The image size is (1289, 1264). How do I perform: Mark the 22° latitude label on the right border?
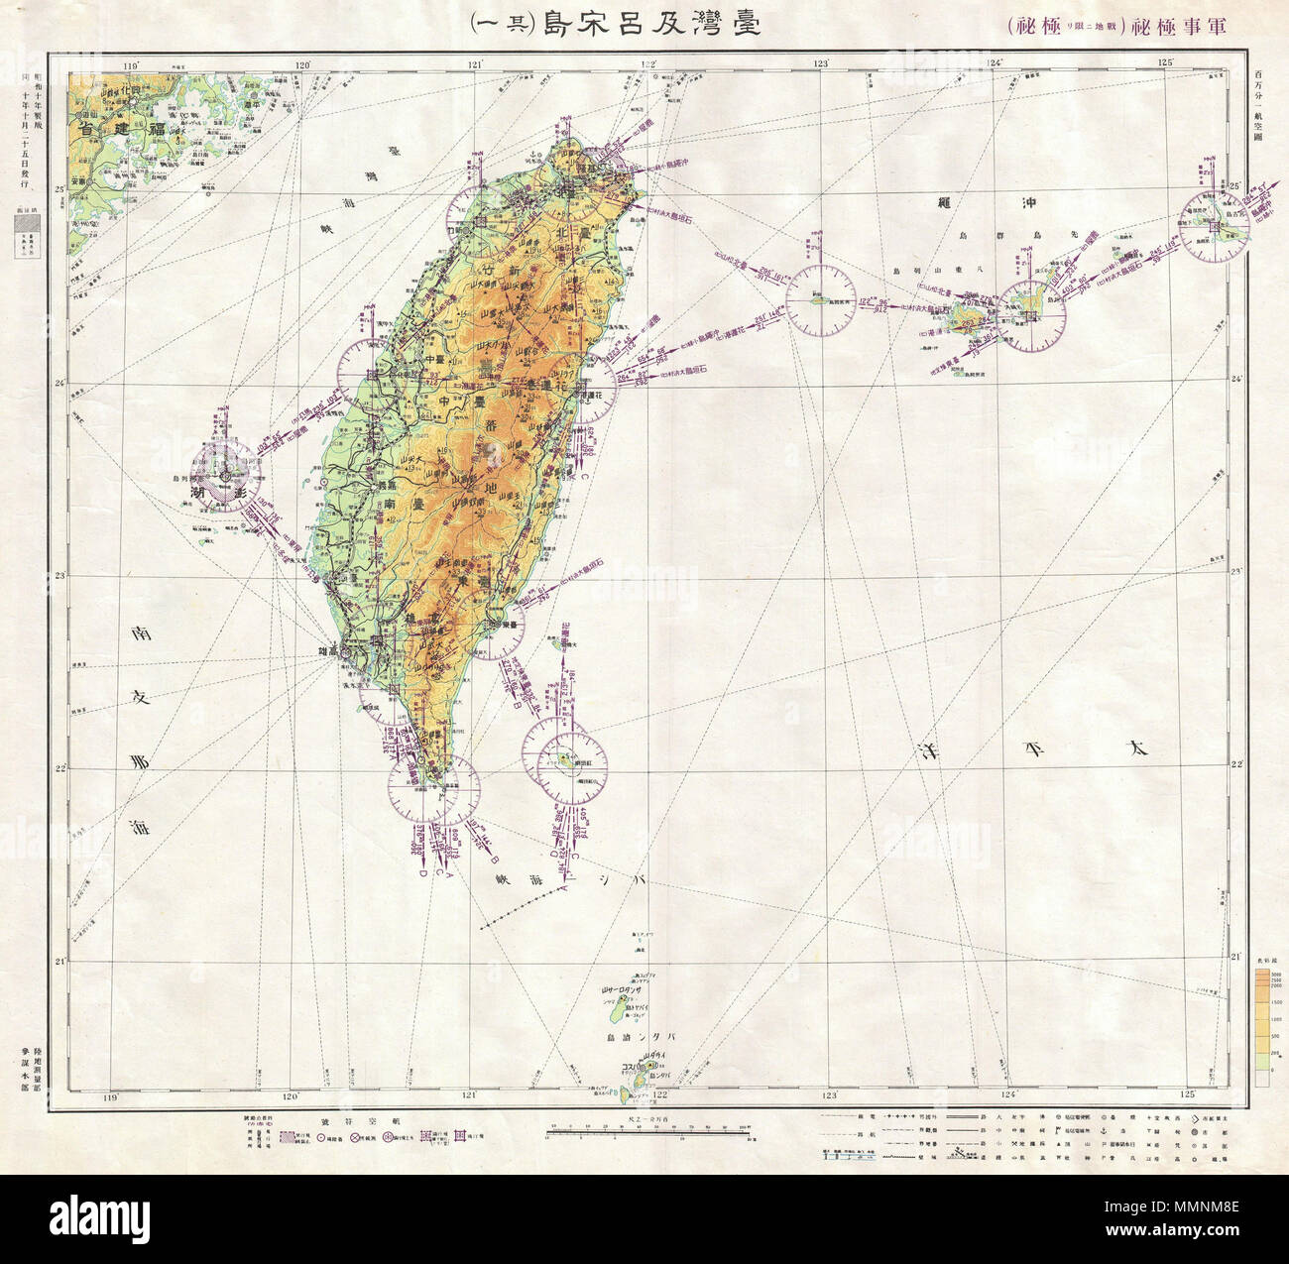1236,763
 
